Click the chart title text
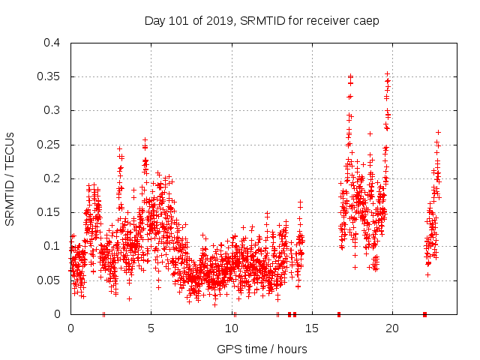click(262, 20)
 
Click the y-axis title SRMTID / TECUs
click(10, 178)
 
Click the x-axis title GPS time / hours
click(262, 349)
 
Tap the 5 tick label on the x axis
click(151, 328)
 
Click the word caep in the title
click(367, 20)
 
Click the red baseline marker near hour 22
click(424, 314)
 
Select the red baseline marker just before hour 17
click(339, 314)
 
